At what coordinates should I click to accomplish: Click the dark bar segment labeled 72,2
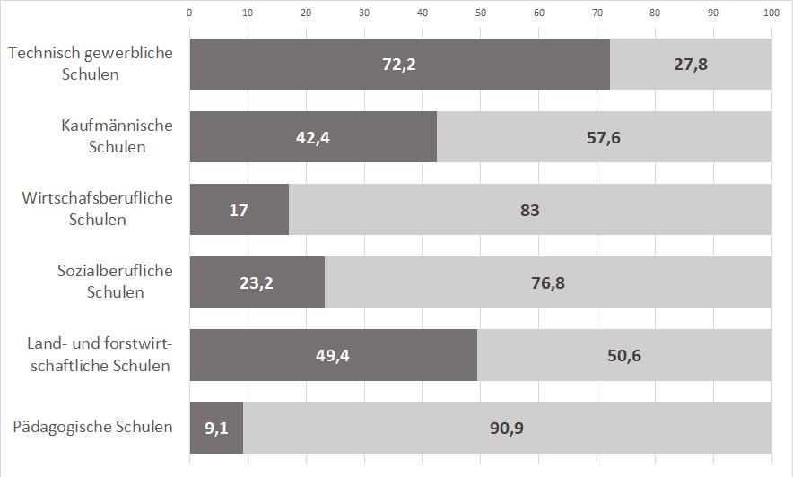tap(399, 65)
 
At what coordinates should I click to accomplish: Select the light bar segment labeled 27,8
tap(691, 65)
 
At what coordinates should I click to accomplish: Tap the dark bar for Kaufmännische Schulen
tap(313, 137)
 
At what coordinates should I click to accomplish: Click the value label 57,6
tap(604, 137)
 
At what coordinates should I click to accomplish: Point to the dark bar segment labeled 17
tap(240, 210)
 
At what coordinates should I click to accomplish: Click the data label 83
tap(530, 210)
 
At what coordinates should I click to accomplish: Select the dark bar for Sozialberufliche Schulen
tap(257, 282)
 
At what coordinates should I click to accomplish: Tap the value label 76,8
tap(548, 283)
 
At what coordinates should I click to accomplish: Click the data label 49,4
tap(333, 356)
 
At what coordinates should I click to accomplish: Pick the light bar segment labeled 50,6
tap(624, 355)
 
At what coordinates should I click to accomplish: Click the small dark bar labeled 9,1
tap(216, 428)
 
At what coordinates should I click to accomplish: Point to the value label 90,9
tap(507, 429)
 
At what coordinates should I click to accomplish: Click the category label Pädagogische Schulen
tap(92, 427)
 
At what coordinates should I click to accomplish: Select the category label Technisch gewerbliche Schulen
tap(91, 64)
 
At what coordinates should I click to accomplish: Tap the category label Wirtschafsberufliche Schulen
tap(97, 209)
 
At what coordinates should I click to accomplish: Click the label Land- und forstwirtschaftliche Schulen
tap(100, 354)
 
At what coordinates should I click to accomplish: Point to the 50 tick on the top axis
tap(481, 13)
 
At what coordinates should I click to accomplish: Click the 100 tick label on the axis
tap(771, 13)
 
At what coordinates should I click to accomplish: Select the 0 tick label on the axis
tap(189, 13)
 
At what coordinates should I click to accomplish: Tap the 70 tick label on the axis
tap(597, 13)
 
